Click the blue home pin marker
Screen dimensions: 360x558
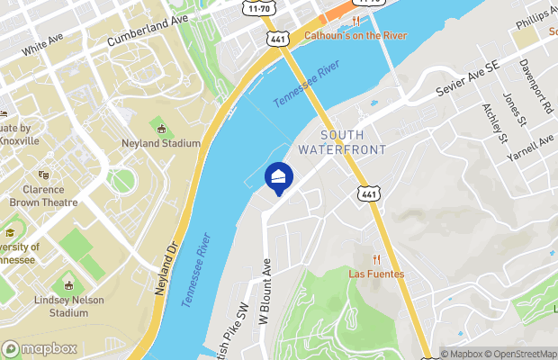(x=279, y=177)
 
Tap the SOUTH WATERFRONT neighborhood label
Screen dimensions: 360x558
(x=341, y=141)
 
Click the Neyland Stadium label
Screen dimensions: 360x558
(x=160, y=143)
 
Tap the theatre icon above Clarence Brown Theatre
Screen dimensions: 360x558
(x=43, y=175)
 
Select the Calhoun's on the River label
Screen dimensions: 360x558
(x=355, y=35)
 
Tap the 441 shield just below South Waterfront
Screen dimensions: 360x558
(x=367, y=193)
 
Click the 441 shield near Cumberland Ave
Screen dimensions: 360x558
(x=276, y=39)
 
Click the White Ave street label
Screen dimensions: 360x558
(x=46, y=45)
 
